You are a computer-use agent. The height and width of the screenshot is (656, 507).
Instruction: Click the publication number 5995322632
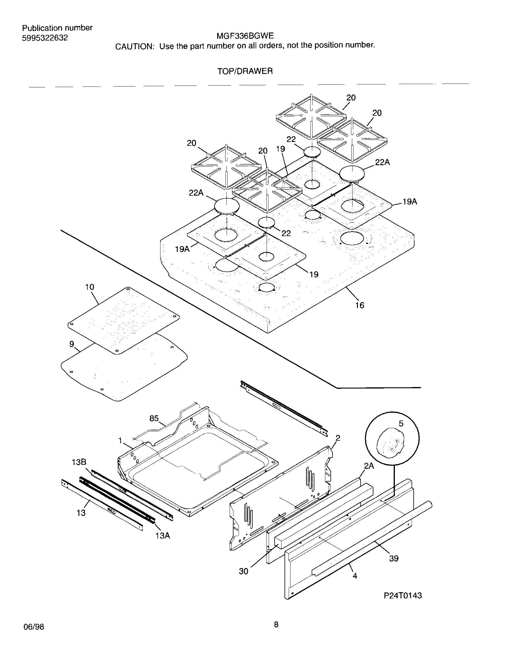coord(45,38)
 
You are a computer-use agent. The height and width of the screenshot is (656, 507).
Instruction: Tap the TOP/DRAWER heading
coord(245,71)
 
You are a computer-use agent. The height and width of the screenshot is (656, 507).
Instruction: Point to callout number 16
coord(359,305)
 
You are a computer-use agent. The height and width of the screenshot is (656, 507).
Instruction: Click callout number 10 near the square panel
coord(89,287)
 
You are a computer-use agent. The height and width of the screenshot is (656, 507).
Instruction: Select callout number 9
coord(72,344)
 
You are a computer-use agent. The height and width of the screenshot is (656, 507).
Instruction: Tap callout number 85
coord(154,418)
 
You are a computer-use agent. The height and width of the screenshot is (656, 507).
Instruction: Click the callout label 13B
coord(79,462)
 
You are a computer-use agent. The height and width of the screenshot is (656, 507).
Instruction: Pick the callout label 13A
coord(163,536)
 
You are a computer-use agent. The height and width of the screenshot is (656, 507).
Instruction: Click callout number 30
coord(243,571)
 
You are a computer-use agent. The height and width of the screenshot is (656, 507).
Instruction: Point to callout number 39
coord(393,558)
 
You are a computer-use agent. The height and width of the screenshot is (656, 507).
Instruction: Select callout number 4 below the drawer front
coord(355,576)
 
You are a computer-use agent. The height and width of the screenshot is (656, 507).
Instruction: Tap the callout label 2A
coord(369,466)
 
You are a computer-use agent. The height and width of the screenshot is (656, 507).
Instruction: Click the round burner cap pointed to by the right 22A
coord(352,173)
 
